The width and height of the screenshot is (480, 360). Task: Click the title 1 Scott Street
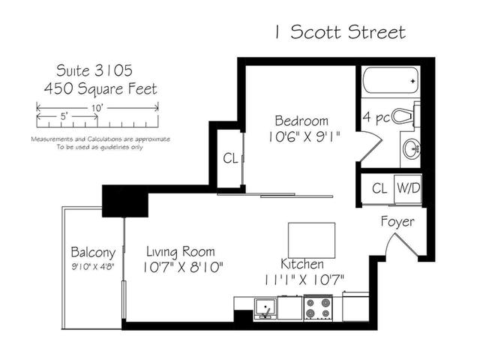coord(339,31)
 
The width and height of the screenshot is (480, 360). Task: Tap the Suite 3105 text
coord(94,70)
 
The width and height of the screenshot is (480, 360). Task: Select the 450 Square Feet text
coord(100,89)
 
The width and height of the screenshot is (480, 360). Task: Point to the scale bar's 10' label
coord(97,108)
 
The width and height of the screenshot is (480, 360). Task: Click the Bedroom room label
coord(301,121)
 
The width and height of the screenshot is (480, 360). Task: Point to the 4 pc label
coord(376,117)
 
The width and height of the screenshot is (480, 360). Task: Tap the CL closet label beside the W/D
coord(379,188)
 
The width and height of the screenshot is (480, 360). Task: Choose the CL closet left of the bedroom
coord(230,158)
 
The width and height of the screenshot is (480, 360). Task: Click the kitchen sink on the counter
coord(265,307)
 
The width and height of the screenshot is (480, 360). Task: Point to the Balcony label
coord(93,252)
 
